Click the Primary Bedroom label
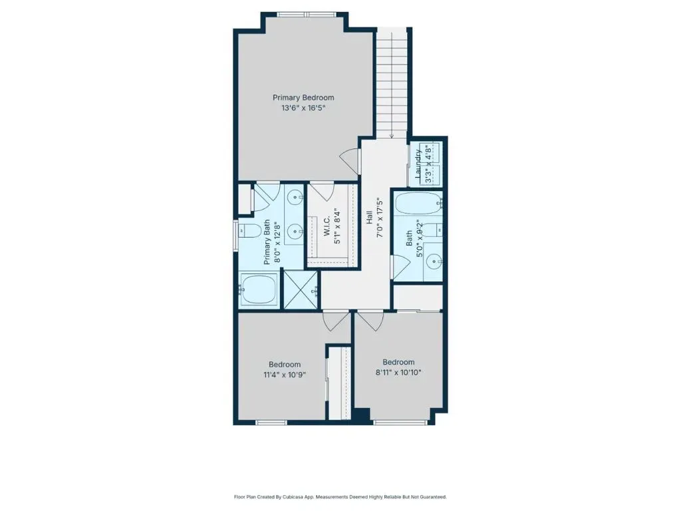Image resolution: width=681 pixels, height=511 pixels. (303, 98)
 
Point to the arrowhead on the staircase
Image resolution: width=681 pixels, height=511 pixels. (392, 136)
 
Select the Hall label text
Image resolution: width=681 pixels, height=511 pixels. (369, 218)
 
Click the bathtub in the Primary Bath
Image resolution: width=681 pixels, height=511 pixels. (259, 289)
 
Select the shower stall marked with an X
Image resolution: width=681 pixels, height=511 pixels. (301, 290)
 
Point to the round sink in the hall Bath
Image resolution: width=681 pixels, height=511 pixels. (434, 261)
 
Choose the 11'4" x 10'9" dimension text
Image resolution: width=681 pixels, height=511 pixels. (285, 375)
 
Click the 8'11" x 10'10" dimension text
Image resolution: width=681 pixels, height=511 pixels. (398, 373)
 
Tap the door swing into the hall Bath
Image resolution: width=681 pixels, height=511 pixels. (400, 266)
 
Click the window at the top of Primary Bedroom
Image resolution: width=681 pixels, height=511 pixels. (306, 15)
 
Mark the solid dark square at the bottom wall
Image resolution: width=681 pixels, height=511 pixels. (362, 415)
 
